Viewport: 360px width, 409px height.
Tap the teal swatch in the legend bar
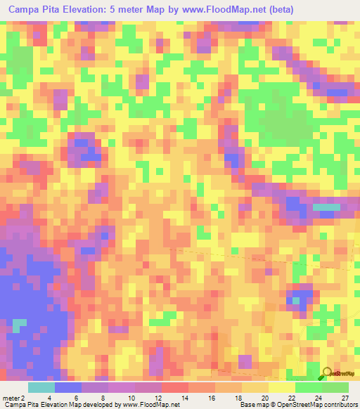coord(41,387)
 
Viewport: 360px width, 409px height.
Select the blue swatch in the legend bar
coord(68,387)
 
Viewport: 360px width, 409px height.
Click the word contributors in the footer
coord(341,405)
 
